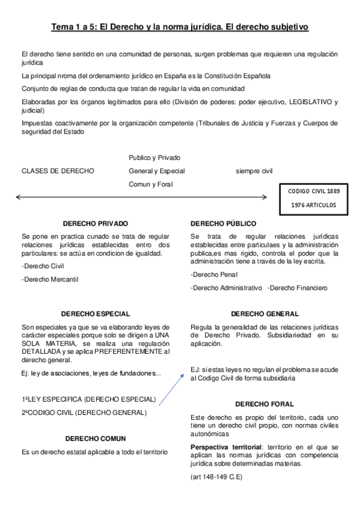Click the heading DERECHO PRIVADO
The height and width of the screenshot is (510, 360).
point(95,223)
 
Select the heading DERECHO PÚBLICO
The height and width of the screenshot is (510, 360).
point(223,223)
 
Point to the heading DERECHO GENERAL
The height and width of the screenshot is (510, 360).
point(264,313)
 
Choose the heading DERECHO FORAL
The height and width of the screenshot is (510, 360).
point(264,404)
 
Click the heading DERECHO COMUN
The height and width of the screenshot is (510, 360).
point(96,438)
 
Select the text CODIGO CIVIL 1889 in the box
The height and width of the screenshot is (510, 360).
point(314,190)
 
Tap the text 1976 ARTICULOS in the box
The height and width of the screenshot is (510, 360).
point(314,205)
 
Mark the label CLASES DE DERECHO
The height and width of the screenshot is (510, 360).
point(58,171)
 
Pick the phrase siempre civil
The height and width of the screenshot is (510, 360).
point(254,171)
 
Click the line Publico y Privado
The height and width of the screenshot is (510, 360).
point(154,158)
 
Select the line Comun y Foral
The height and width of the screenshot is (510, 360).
point(150,184)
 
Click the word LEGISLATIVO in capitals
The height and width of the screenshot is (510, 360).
point(304,102)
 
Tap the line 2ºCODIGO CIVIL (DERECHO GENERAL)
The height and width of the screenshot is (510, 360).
point(84,413)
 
